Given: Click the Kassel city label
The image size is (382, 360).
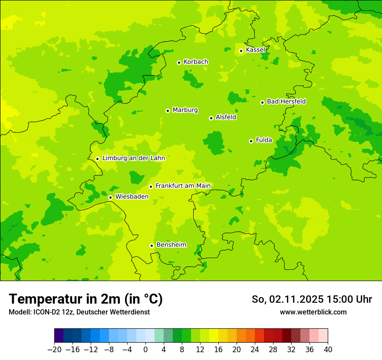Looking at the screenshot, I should [255, 50].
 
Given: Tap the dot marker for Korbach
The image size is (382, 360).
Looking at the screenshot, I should [179, 62].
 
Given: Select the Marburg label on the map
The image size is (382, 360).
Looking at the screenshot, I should [185, 110].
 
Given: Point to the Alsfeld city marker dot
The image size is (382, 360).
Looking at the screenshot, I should [211, 118].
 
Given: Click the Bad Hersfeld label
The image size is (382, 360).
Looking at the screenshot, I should [286, 101].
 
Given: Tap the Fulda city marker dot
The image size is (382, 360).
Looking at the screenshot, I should [251, 141].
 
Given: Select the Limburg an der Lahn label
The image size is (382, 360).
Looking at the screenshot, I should [133, 158].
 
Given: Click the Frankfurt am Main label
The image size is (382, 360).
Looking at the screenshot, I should [183, 186].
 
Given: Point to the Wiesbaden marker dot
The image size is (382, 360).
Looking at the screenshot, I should [111, 197].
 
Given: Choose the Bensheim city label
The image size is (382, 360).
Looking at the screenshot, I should [171, 245].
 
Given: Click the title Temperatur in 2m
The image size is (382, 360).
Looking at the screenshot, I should [86, 299].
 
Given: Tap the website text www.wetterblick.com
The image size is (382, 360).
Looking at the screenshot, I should [313, 312].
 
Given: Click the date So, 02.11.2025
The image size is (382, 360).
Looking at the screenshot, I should [287, 299].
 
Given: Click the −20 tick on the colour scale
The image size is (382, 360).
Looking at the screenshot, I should [54, 350].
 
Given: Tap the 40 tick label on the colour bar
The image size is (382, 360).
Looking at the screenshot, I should [328, 350].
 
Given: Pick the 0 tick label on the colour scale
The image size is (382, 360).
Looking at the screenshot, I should [145, 350].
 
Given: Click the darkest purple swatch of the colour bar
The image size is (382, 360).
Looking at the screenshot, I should [59, 336].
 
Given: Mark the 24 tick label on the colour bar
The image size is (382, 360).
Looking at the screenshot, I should [255, 350].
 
